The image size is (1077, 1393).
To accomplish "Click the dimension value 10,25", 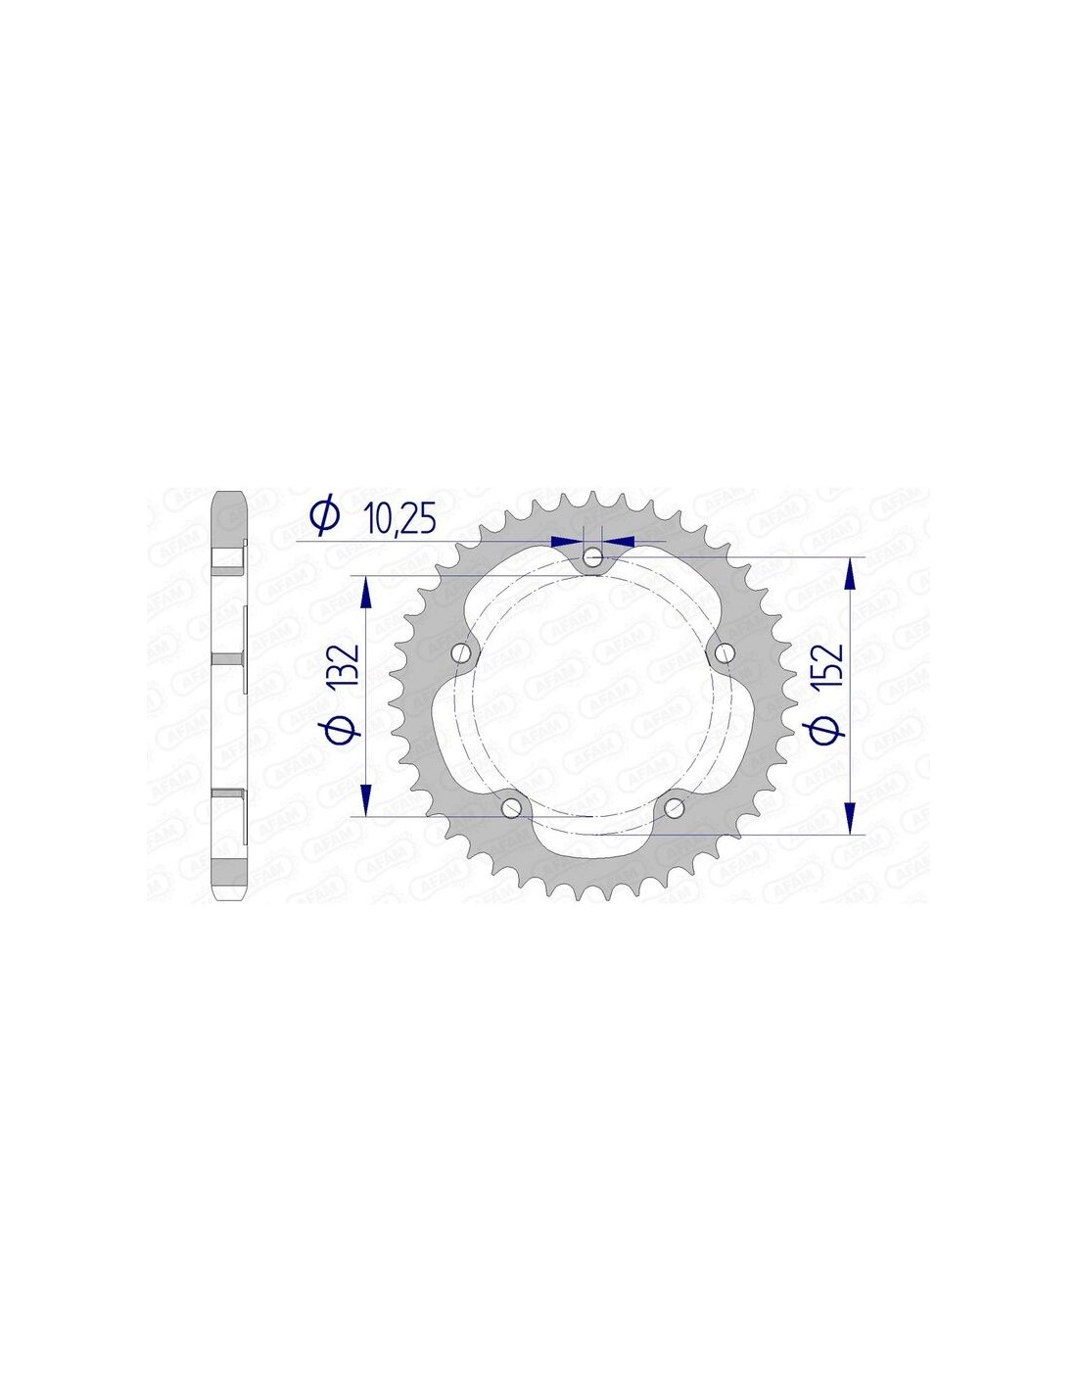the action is pyautogui.click(x=402, y=519).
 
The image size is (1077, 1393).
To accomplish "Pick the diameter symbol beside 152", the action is pyautogui.click(x=831, y=732).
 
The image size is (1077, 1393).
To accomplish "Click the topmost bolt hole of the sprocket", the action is pyautogui.click(x=593, y=558).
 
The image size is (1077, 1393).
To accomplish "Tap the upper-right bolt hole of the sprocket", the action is pyautogui.click(x=725, y=653).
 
